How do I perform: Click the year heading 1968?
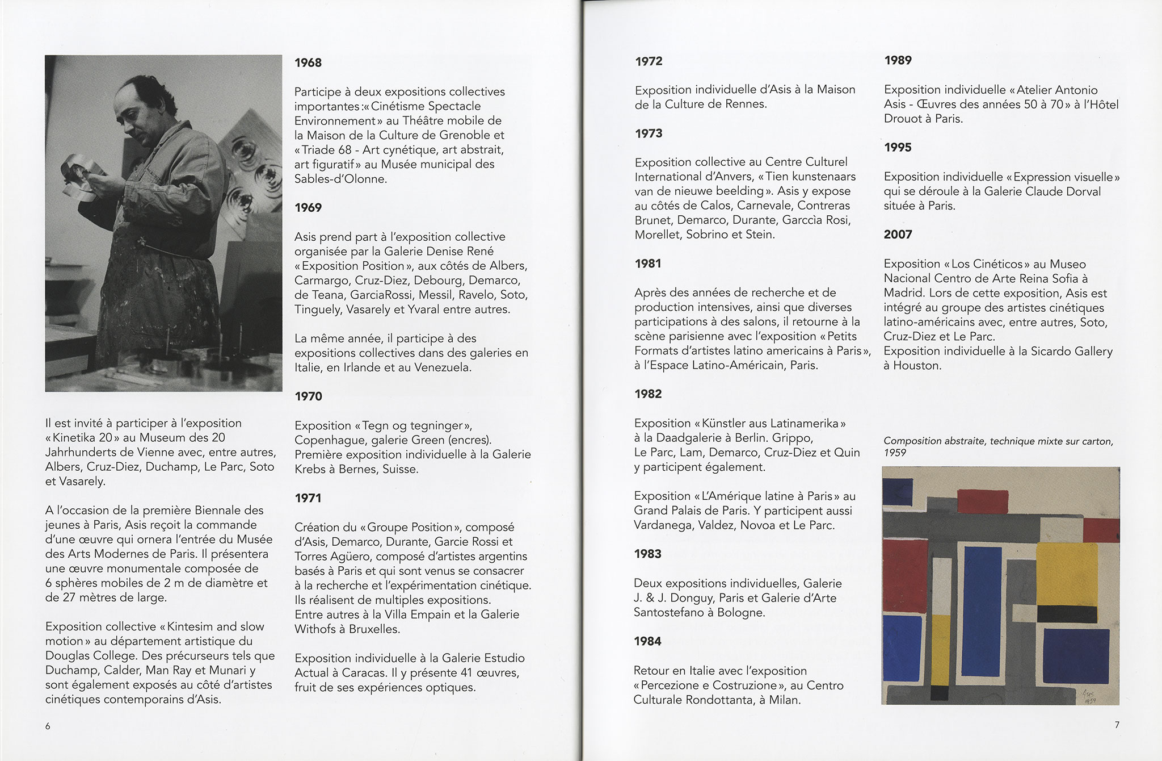pos(308,62)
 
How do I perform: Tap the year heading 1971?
pos(308,498)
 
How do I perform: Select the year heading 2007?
pos(898,235)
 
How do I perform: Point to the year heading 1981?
pos(649,264)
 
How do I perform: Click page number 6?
pos(48,726)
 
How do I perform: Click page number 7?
pos(1117,725)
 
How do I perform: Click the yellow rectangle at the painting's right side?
pos(1066,574)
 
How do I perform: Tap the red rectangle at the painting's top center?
pos(982,501)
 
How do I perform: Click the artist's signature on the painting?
pos(1088,696)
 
